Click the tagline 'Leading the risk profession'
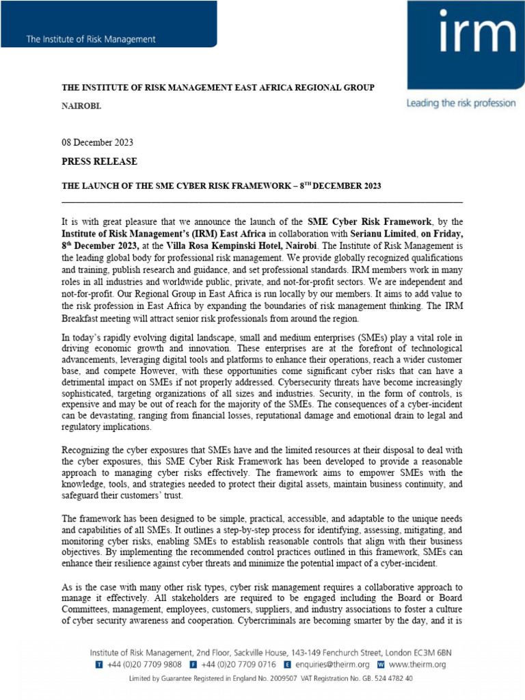pos(461,103)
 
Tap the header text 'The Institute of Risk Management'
pos(91,39)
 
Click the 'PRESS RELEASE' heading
pos(100,161)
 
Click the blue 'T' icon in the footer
pos(100,664)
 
